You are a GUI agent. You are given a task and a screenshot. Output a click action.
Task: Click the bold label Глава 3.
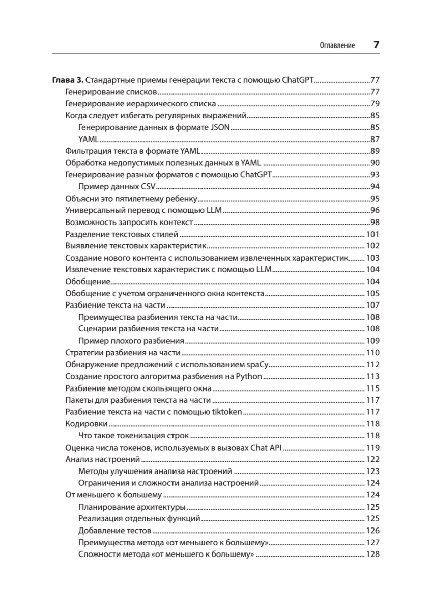click(68, 80)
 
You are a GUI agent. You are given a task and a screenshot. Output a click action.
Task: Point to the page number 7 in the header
click(377, 45)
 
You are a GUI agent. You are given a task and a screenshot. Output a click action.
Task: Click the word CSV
click(148, 186)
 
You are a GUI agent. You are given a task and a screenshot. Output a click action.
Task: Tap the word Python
click(249, 376)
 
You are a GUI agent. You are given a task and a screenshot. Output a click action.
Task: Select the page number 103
click(373, 258)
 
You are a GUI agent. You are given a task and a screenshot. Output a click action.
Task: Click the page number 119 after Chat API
click(373, 448)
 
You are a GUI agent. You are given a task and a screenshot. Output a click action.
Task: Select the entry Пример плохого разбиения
click(131, 341)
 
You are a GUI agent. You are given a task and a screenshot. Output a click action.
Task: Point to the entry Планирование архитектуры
click(132, 507)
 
